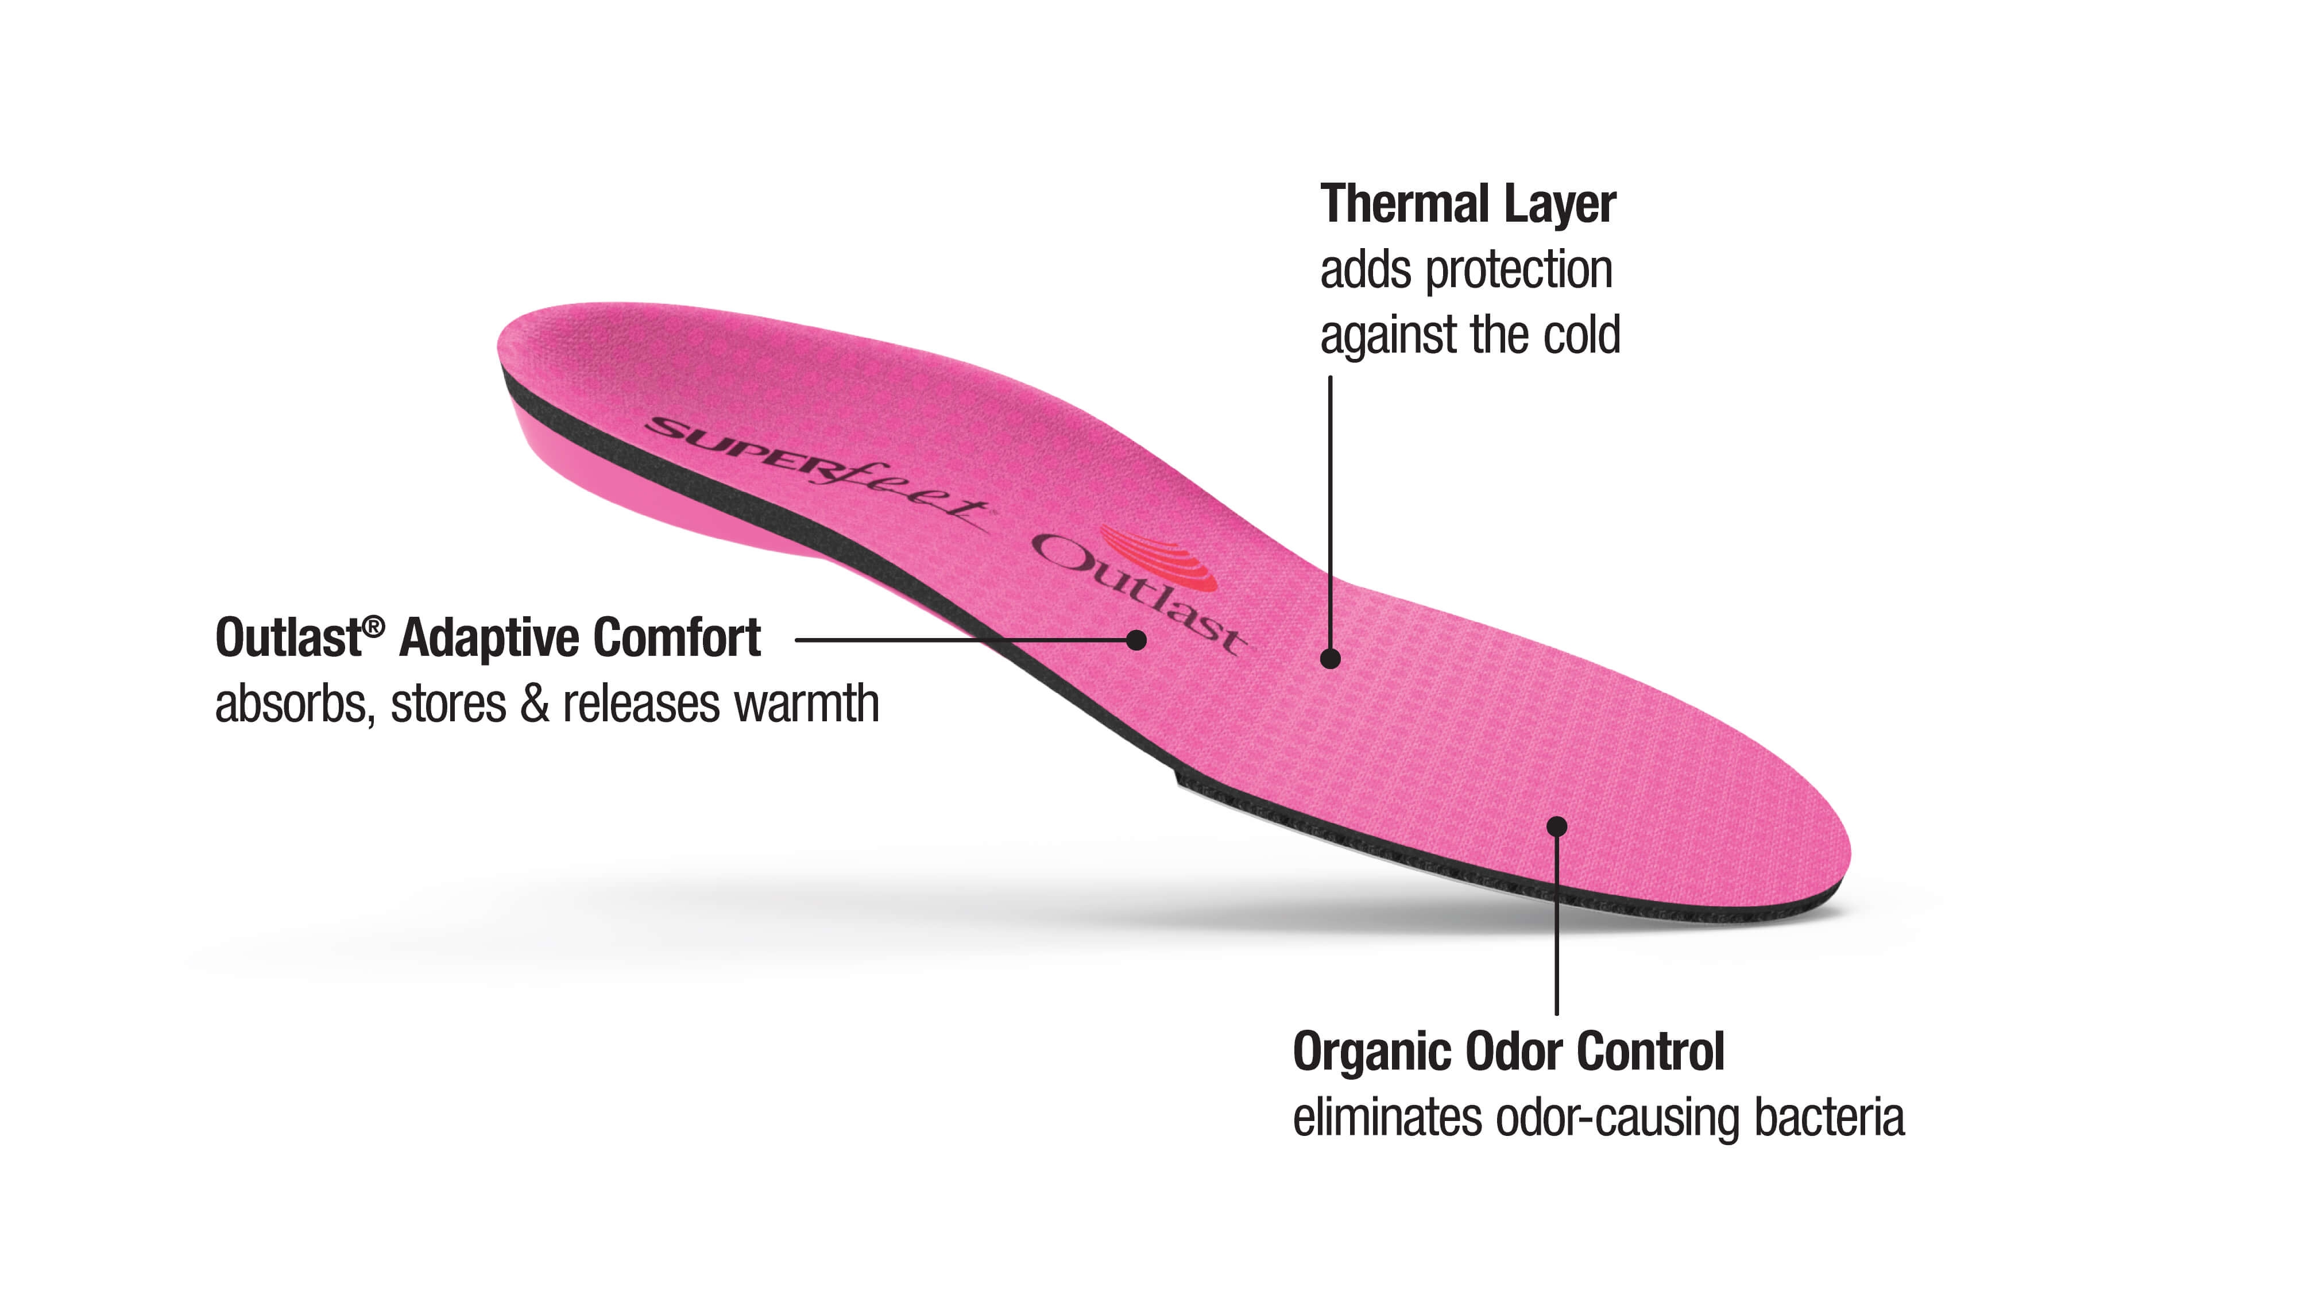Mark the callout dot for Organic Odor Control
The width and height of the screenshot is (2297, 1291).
click(x=1557, y=826)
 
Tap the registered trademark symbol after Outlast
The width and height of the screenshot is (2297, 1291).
click(x=374, y=626)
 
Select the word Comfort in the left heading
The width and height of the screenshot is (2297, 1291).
click(x=677, y=639)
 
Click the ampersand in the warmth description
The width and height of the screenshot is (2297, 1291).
click(x=534, y=704)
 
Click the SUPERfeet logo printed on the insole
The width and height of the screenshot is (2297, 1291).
click(x=816, y=473)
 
